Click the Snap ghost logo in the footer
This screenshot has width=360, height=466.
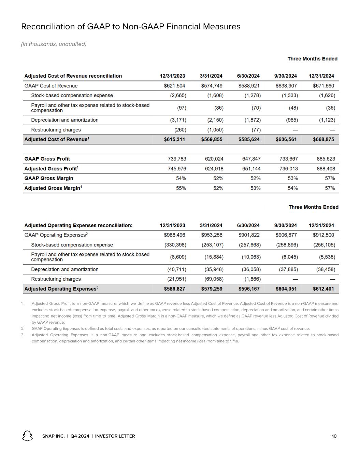(x=27, y=436)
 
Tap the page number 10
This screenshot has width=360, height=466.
(x=334, y=436)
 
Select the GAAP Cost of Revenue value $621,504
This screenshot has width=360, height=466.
(x=175, y=86)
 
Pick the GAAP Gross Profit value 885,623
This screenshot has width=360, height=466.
(x=326, y=159)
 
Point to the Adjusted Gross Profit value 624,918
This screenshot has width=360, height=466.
(x=214, y=169)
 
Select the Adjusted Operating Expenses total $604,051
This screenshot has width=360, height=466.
(x=286, y=289)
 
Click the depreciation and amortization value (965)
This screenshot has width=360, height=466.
(x=292, y=120)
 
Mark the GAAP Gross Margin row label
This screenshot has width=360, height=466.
(x=49, y=178)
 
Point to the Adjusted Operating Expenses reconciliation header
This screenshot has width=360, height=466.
(x=78, y=225)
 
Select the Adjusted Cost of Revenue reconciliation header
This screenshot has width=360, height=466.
(x=73, y=76)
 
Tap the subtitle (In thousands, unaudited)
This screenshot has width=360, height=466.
(x=54, y=44)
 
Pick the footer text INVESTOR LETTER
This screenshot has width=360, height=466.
(x=115, y=436)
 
